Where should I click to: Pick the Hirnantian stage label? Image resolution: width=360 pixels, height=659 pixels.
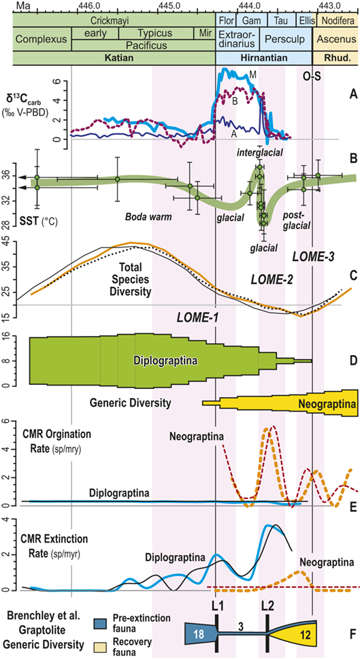click(x=263, y=58)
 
